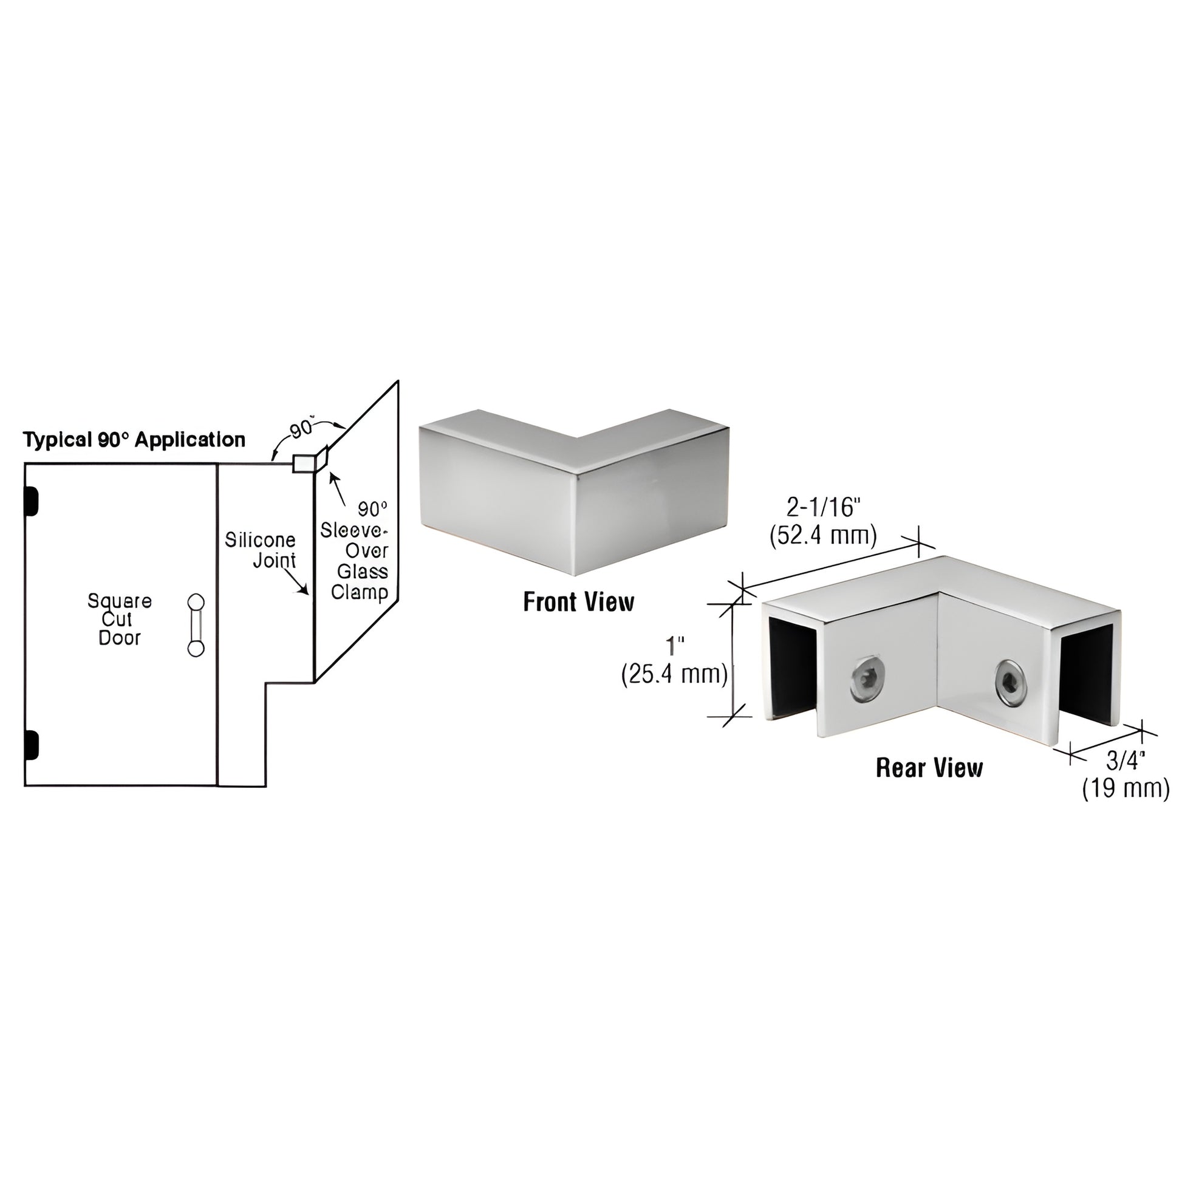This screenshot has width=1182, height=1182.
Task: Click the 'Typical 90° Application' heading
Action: (134, 440)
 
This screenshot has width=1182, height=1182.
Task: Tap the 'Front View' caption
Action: (578, 602)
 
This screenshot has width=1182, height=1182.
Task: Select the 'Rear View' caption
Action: (929, 768)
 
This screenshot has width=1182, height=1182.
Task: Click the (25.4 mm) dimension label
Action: (674, 675)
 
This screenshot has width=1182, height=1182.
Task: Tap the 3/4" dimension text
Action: (1125, 760)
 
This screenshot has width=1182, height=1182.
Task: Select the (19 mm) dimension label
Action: (1125, 788)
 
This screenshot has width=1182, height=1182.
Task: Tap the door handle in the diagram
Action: (196, 625)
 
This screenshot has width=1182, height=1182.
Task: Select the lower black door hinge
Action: (30, 745)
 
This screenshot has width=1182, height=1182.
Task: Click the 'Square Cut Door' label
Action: (119, 619)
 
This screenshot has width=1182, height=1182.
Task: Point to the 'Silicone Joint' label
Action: (260, 550)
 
